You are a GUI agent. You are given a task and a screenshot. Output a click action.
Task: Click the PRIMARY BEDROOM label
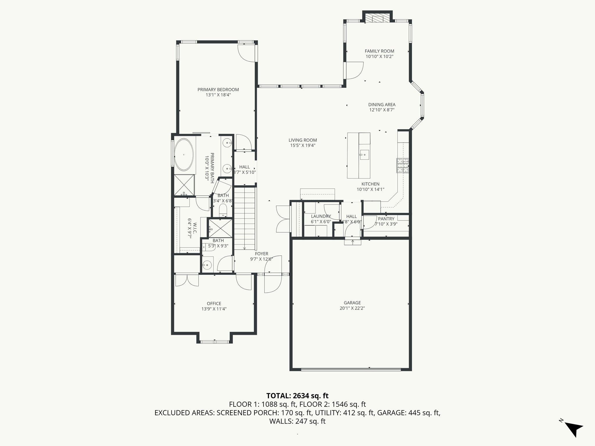(x=218, y=90)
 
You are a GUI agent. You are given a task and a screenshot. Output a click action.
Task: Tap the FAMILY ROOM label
(x=379, y=51)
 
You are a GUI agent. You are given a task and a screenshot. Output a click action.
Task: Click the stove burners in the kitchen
(x=402, y=166)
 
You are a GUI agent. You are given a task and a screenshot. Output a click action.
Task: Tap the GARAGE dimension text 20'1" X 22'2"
(x=352, y=308)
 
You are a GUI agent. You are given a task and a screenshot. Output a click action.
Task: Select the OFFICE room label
(x=214, y=304)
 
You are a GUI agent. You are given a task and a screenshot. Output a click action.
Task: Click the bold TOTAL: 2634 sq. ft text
(x=297, y=396)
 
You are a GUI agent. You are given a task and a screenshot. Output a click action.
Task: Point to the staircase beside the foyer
(x=245, y=218)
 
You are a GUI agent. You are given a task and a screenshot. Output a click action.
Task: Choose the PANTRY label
(x=386, y=219)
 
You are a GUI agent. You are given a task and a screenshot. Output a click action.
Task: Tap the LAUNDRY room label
(x=321, y=216)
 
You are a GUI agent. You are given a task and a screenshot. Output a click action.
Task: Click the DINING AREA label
(x=382, y=105)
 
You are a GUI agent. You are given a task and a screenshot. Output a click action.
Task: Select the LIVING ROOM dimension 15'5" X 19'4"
(x=302, y=145)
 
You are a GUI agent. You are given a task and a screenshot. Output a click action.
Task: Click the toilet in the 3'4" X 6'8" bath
(x=223, y=210)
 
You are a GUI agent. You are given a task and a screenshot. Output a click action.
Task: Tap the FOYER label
(x=261, y=254)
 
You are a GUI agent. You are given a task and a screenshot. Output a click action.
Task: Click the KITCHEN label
(x=370, y=184)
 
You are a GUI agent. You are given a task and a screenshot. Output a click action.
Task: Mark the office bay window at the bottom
(x=215, y=342)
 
